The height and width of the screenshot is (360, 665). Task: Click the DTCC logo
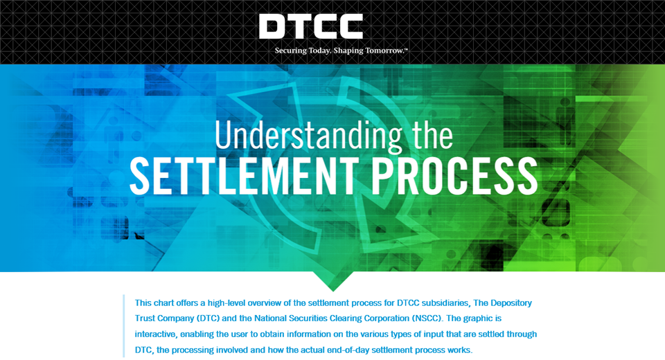tap(311, 26)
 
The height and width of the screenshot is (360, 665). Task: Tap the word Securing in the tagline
tap(290, 51)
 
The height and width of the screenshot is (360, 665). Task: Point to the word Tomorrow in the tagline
tap(384, 51)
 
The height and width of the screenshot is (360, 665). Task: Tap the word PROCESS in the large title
tap(454, 177)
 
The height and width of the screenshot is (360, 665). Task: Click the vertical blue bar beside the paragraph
tap(124, 325)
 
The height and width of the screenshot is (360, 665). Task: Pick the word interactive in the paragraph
tap(156, 334)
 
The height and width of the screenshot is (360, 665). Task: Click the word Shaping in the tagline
tap(348, 51)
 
